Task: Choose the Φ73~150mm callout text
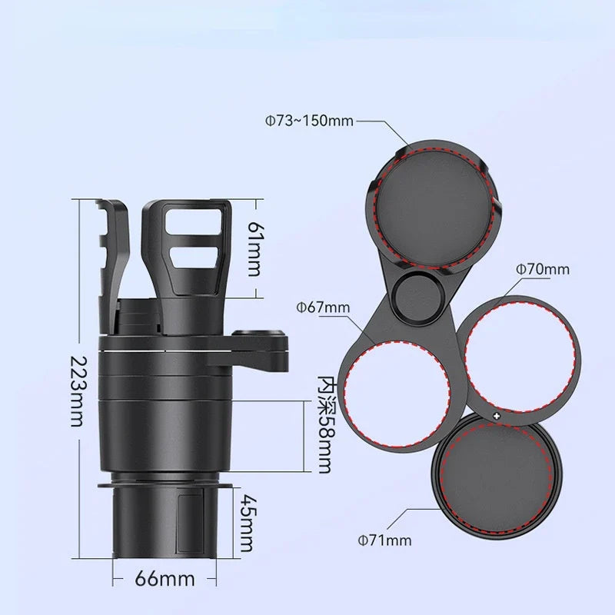click(x=310, y=121)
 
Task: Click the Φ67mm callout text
click(x=323, y=307)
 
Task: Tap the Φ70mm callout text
click(x=542, y=269)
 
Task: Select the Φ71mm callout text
click(x=384, y=540)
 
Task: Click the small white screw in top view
click(x=497, y=416)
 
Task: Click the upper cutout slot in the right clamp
click(x=196, y=227)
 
